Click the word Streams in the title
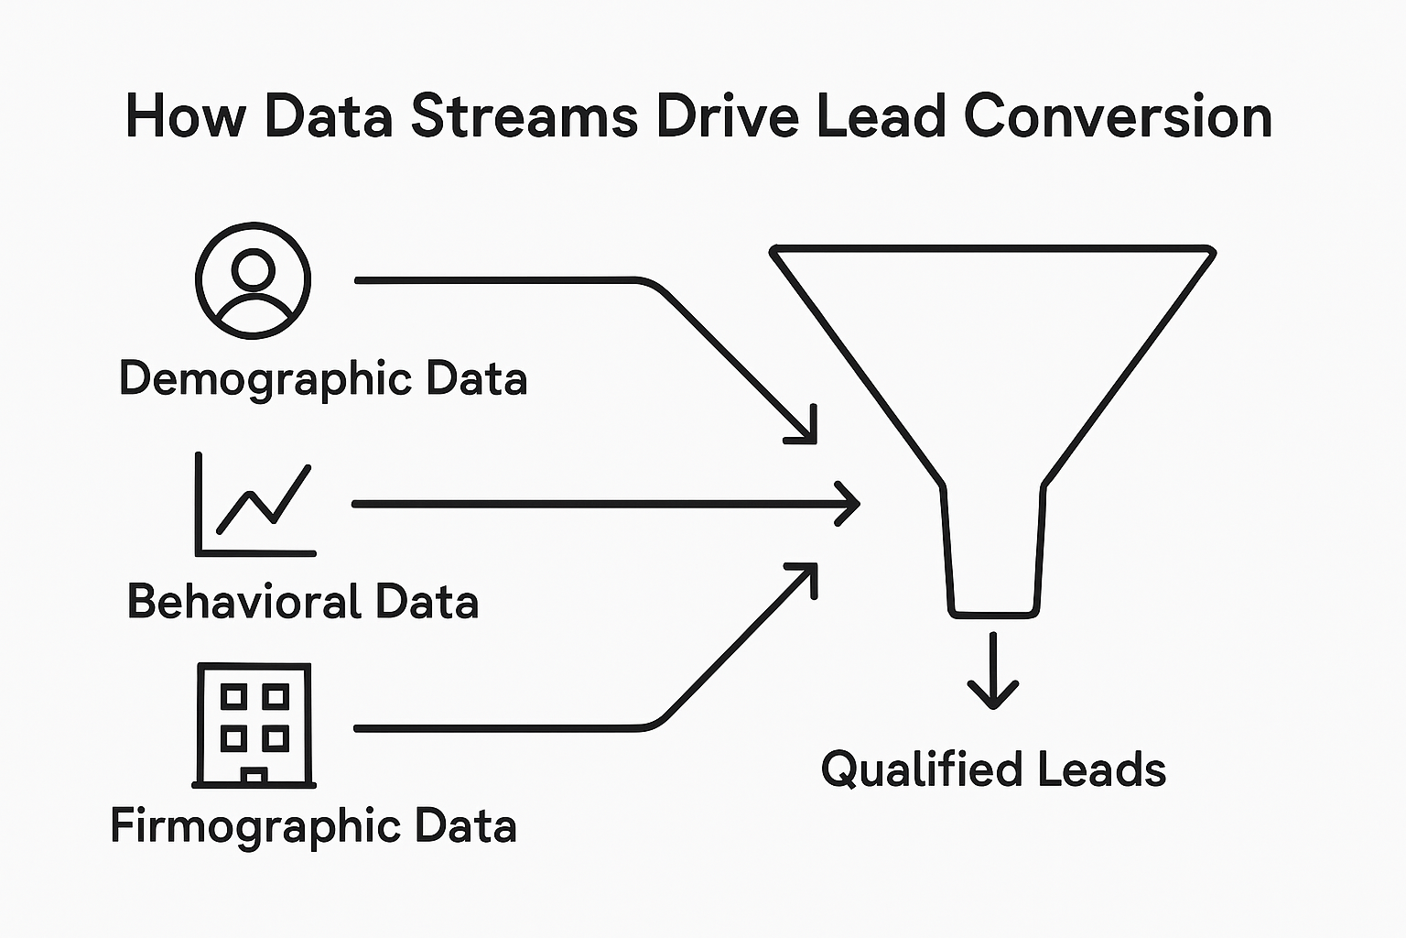524,117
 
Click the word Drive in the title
728,117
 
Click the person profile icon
254,280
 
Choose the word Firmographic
255,825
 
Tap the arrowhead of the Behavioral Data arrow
849,504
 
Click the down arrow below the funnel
993,678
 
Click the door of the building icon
254,777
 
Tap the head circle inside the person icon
254,268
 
